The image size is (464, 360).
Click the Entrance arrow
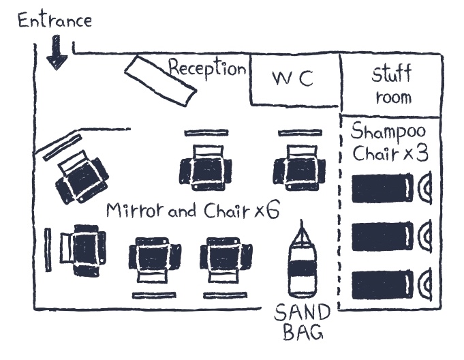57,55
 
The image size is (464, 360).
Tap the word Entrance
54,20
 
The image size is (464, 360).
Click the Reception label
207,68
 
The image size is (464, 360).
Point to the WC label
292,78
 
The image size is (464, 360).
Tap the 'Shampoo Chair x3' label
390,141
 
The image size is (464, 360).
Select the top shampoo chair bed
382,188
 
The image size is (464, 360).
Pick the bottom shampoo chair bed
382,284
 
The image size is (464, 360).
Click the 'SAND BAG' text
303,323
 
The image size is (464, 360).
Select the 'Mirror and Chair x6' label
193,211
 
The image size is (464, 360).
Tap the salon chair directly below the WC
298,166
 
